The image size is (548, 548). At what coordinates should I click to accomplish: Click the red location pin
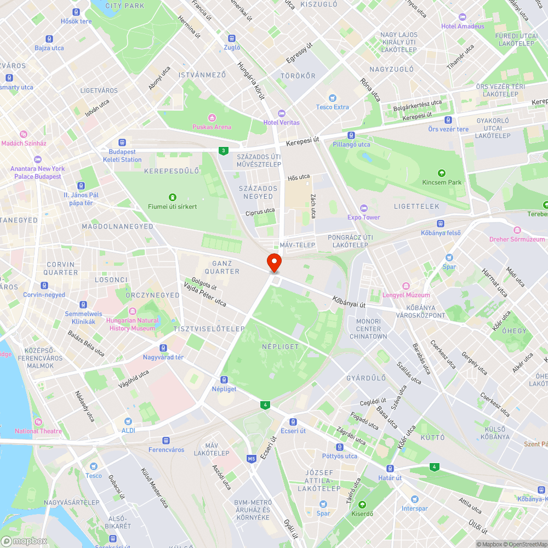click(273, 262)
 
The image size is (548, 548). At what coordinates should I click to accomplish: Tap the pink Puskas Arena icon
click(212, 117)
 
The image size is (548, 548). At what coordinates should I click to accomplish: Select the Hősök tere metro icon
click(76, 12)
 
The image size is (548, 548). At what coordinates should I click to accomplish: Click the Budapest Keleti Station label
click(122, 156)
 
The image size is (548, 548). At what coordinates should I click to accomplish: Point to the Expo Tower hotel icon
click(363, 208)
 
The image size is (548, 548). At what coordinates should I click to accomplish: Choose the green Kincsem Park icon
click(442, 173)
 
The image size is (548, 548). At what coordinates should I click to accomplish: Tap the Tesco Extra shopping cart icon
click(332, 98)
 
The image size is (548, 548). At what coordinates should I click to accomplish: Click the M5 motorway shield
click(252, 459)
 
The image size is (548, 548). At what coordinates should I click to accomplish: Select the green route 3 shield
click(222, 151)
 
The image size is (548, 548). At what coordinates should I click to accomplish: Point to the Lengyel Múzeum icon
click(406, 286)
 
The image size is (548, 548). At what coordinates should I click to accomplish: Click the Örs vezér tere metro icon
click(448, 120)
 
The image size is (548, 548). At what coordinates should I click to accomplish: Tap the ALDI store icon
click(128, 421)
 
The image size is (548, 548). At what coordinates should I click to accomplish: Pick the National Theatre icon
click(38, 422)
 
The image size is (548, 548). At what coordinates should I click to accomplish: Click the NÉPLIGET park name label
click(280, 346)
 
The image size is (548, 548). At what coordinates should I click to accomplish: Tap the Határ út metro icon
click(390, 469)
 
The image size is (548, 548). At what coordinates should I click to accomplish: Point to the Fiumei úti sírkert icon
click(173, 197)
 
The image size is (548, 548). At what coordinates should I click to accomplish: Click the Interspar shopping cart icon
click(414, 499)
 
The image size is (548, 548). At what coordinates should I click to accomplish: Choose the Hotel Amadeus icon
click(463, 17)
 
